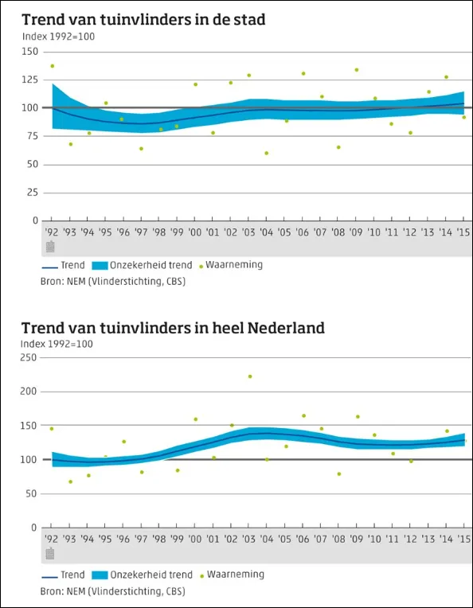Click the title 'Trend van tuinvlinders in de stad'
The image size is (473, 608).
(143, 19)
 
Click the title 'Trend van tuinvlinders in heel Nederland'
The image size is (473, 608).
(173, 327)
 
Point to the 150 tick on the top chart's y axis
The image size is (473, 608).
(29, 52)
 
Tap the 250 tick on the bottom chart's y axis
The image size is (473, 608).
(29, 357)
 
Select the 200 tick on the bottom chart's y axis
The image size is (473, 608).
(29, 392)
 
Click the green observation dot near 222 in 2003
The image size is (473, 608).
(249, 376)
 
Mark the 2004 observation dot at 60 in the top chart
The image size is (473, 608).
(267, 153)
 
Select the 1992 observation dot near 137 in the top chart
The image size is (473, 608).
(53, 66)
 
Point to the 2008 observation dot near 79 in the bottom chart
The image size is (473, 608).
(338, 474)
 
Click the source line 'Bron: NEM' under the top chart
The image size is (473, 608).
(112, 281)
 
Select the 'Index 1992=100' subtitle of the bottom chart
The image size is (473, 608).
(57, 344)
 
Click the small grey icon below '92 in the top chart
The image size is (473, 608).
(50, 247)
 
